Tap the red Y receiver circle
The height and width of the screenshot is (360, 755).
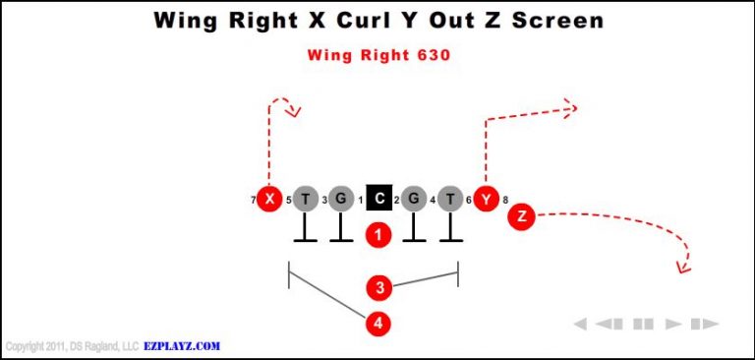[485, 199]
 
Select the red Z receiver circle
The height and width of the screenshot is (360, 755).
[521, 216]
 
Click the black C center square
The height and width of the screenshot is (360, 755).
[378, 199]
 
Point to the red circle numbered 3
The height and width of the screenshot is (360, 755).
[378, 288]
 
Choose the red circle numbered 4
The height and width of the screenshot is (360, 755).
[378, 322]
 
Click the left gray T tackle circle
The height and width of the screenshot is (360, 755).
[305, 199]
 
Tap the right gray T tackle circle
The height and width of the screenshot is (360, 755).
[450, 199]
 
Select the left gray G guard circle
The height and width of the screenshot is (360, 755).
[340, 199]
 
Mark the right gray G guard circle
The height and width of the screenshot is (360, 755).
[414, 199]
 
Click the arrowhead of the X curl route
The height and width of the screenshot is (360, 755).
[293, 111]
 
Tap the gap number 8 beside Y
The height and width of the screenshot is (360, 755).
[505, 201]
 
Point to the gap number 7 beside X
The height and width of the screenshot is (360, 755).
[253, 201]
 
